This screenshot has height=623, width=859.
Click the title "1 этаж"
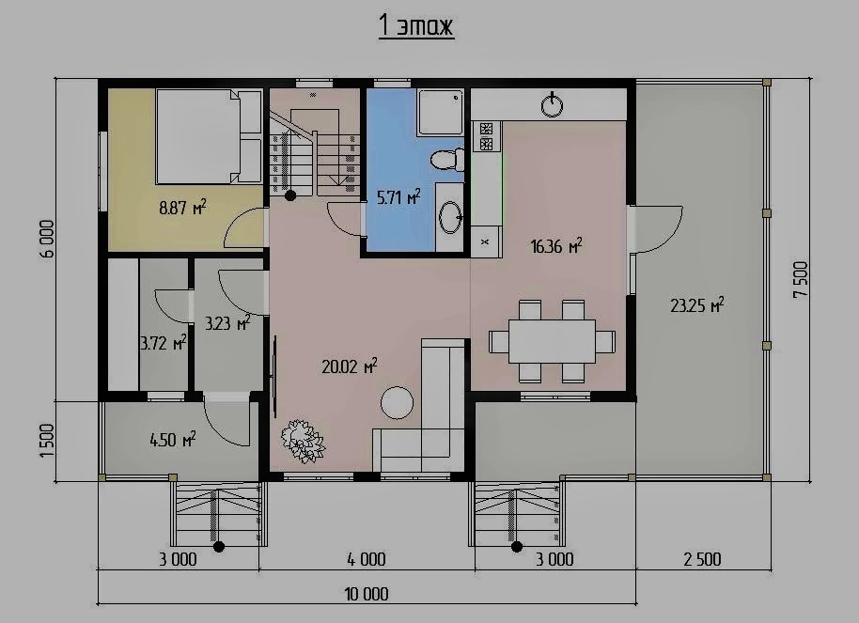415,25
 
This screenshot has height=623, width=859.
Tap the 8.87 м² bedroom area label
182,208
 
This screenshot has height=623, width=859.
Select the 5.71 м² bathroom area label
398,196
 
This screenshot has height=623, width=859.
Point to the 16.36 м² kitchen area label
556,246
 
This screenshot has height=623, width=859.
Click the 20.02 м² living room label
349,366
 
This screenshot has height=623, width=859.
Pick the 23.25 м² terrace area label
696,305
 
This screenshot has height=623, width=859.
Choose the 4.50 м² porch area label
173,439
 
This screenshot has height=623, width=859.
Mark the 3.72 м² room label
164,343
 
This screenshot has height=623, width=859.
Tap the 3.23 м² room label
227,323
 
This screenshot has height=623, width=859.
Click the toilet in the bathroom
447,160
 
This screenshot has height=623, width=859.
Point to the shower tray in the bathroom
441,113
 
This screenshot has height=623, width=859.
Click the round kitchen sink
552,104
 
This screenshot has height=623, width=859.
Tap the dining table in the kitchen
553,341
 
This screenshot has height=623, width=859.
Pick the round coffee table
398,403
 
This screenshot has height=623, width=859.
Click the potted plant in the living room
303,441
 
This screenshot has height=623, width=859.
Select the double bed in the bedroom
209,136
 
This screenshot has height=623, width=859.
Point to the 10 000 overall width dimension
367,594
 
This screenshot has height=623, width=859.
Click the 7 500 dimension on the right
801,279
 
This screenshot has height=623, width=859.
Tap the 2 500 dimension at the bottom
702,559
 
